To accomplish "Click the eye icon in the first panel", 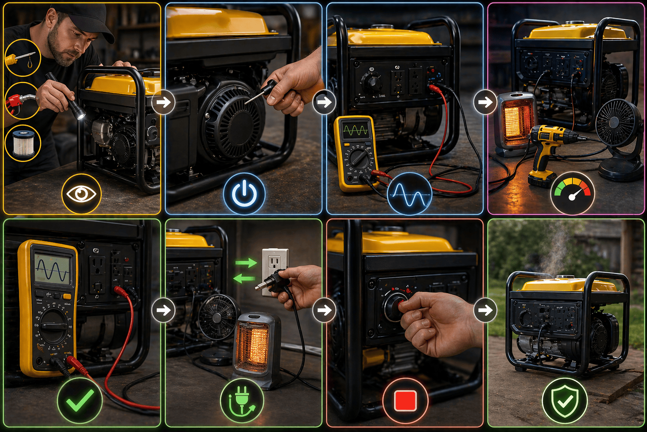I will [81, 194].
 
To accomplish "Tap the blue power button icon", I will [244, 194].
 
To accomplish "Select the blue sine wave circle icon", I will [409, 194].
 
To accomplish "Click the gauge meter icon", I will [572, 194].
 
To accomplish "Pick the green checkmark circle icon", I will [80, 401].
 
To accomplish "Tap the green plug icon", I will [242, 401].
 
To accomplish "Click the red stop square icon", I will [405, 401].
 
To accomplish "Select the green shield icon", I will [564, 401].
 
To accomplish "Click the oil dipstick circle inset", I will [22, 58].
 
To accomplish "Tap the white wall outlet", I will [275, 270].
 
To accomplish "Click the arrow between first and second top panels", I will [163, 102].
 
